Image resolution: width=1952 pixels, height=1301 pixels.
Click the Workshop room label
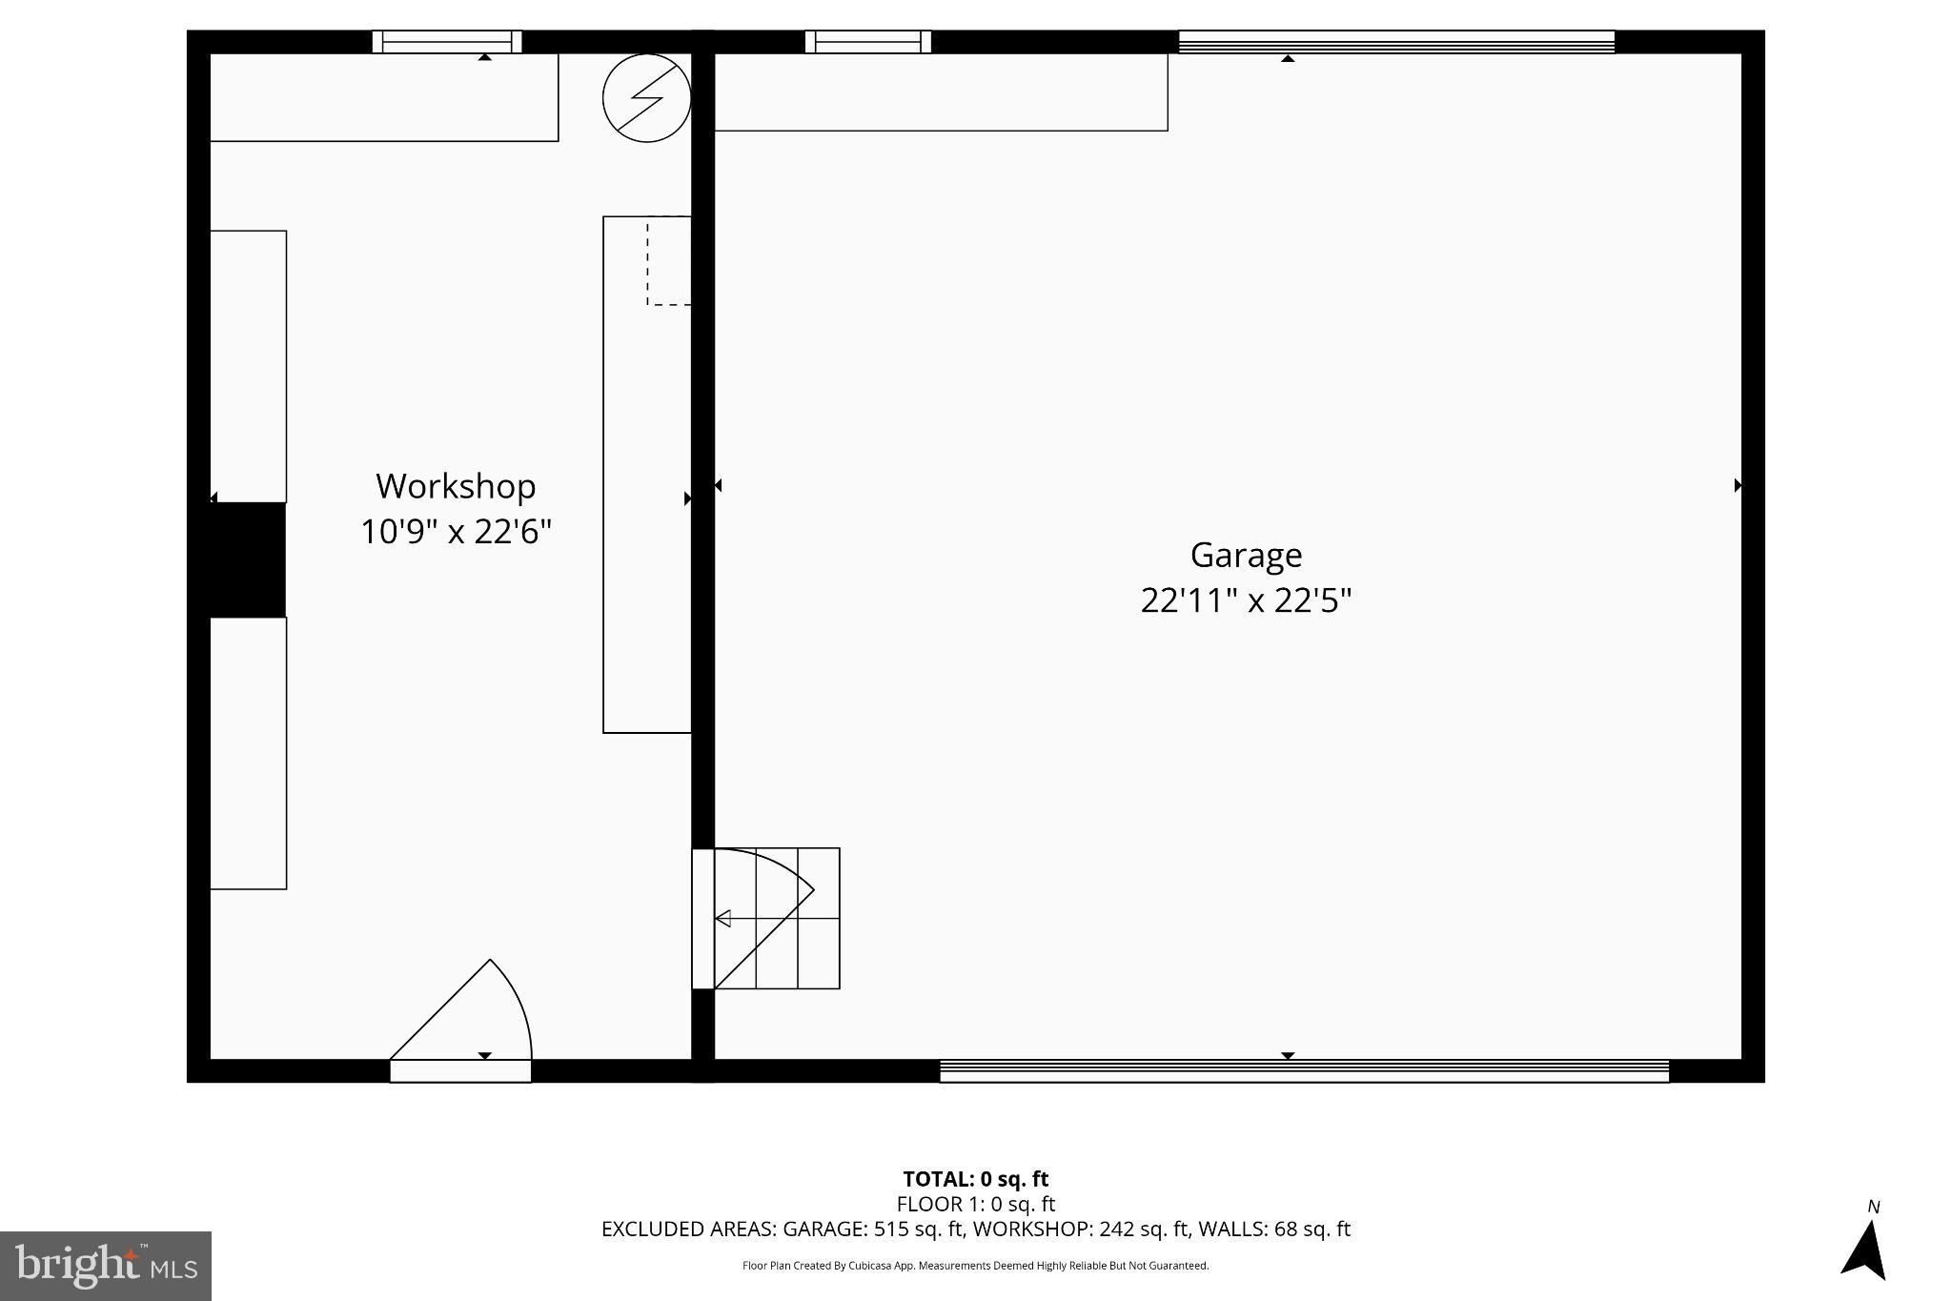(456, 486)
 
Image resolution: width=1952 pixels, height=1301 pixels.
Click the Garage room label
(1246, 555)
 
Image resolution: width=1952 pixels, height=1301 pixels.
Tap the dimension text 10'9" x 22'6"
(456, 531)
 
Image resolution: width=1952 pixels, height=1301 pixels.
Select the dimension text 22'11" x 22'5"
(1246, 600)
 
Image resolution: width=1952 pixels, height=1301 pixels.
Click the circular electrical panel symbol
(646, 98)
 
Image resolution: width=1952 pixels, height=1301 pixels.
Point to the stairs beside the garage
(777, 918)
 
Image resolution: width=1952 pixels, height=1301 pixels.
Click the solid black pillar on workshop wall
(246, 559)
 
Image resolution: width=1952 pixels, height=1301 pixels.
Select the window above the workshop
(446, 42)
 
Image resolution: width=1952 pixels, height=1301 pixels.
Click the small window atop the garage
(867, 42)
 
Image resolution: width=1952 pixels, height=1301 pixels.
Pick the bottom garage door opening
(1304, 1071)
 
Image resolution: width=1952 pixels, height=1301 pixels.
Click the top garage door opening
(1396, 42)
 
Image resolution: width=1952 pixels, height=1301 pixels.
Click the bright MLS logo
(106, 1266)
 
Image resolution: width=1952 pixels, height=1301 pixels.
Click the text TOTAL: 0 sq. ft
(975, 1179)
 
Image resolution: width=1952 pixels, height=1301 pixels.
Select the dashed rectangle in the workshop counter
(668, 261)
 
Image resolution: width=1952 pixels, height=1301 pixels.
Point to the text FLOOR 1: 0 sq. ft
(975, 1204)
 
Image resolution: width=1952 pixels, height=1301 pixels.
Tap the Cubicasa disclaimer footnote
(975, 1266)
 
